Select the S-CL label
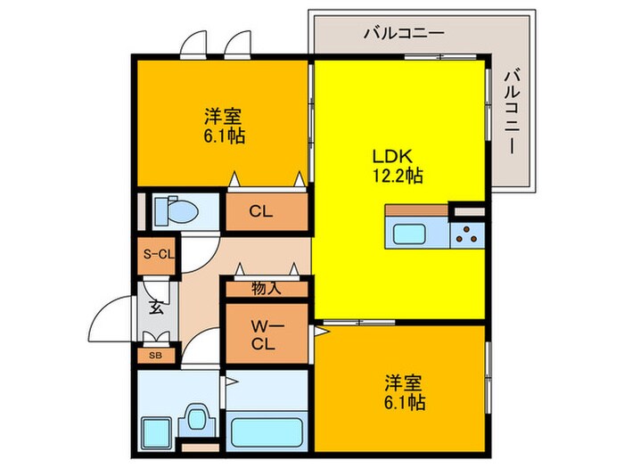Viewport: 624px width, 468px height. tap(158, 255)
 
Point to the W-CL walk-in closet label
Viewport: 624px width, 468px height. tap(261, 333)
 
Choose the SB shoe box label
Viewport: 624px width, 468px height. tap(155, 355)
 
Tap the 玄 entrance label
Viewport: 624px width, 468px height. tap(155, 309)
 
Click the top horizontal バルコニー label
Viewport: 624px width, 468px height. tap(403, 34)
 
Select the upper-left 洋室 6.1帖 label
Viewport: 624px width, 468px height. tap(224, 127)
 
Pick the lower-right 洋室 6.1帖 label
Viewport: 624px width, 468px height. tap(403, 392)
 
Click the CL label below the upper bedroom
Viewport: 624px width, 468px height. tap(260, 212)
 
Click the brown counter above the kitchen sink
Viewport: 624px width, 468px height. tap(416, 210)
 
